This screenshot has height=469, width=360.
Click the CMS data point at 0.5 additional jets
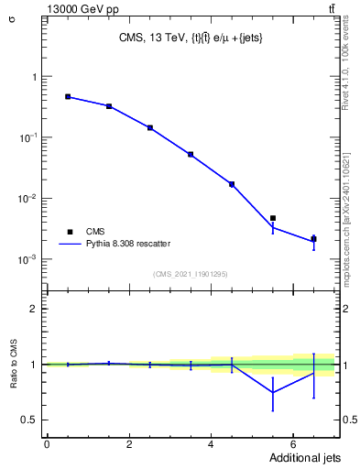pyautogui.click(x=68, y=96)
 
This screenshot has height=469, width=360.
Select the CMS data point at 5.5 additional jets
pyautogui.click(x=273, y=218)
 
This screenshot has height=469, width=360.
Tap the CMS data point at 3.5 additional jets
pyautogui.click(x=191, y=154)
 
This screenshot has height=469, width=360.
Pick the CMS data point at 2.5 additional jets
pyautogui.click(x=149, y=127)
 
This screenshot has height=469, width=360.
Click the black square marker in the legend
pyautogui.click(x=68, y=232)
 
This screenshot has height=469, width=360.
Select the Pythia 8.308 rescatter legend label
pyautogui.click(x=128, y=244)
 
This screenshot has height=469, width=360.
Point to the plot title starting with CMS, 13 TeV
pyautogui.click(x=191, y=38)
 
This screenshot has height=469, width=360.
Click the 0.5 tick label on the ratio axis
pyautogui.click(x=30, y=420)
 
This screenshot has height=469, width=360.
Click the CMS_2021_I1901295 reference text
pyautogui.click(x=190, y=274)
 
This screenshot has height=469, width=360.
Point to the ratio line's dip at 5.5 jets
pyautogui.click(x=273, y=392)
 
